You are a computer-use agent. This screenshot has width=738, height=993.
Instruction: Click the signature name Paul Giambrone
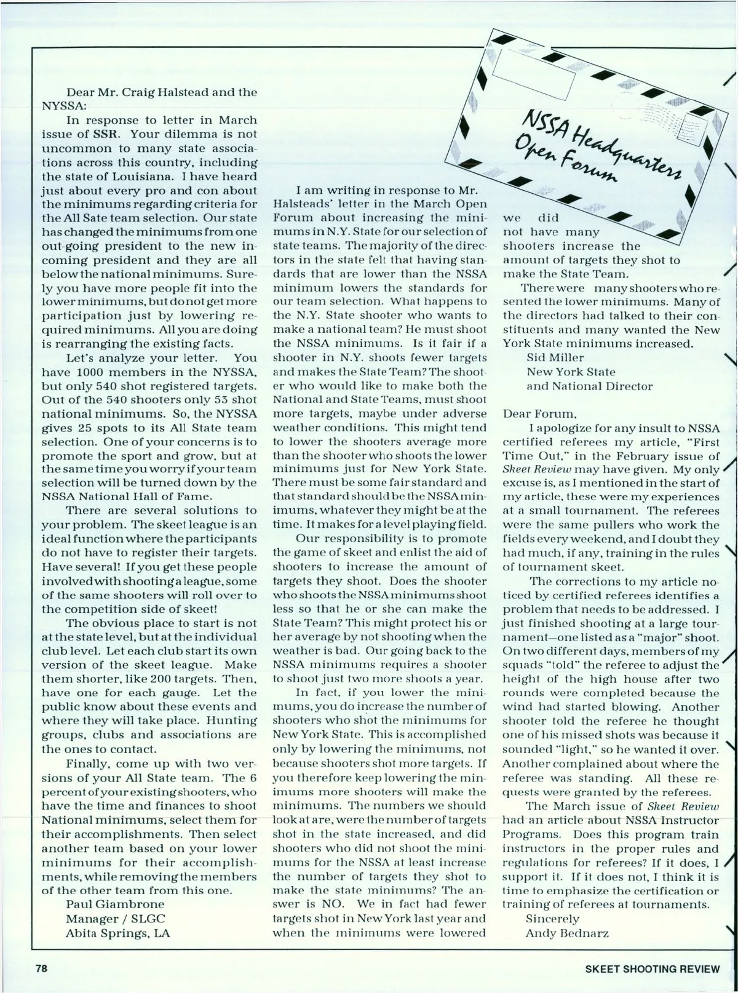[115, 904]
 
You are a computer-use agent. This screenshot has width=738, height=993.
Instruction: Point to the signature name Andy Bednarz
[567, 933]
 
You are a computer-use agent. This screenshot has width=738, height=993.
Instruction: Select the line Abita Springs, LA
[117, 932]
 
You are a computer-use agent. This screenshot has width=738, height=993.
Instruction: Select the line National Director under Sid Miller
[590, 386]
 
